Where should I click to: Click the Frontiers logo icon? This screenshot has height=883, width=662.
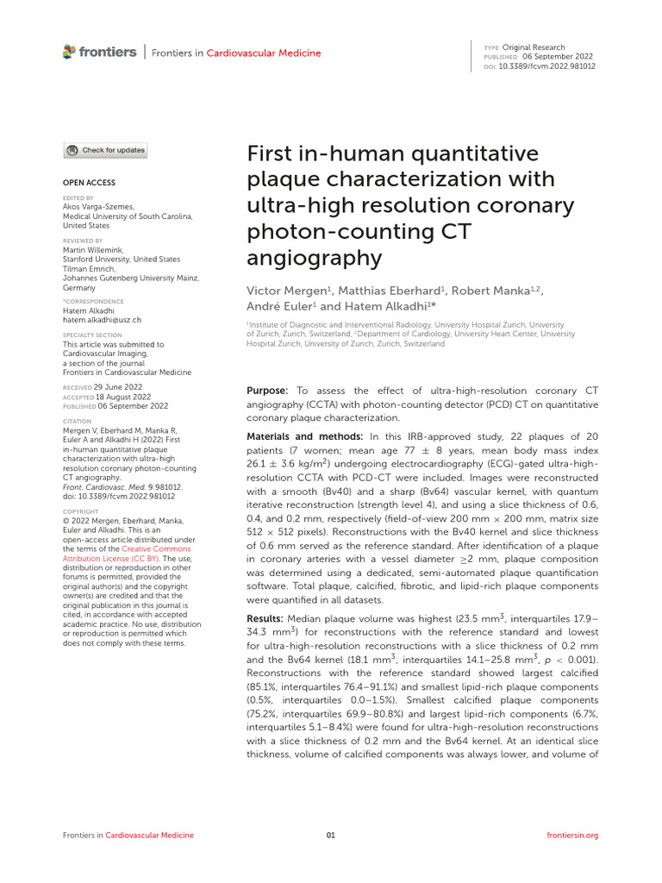tap(70, 53)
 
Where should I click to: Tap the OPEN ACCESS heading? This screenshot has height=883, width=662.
tap(89, 183)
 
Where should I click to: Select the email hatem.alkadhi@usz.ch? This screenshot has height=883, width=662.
tap(103, 319)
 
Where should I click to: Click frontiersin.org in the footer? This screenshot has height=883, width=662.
tap(572, 835)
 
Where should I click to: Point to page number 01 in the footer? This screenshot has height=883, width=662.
tap(331, 835)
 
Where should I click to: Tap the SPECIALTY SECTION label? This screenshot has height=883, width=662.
tap(93, 335)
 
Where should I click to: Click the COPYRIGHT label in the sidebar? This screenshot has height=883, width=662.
tap(82, 511)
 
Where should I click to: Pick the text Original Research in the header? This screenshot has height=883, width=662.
tap(535, 47)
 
